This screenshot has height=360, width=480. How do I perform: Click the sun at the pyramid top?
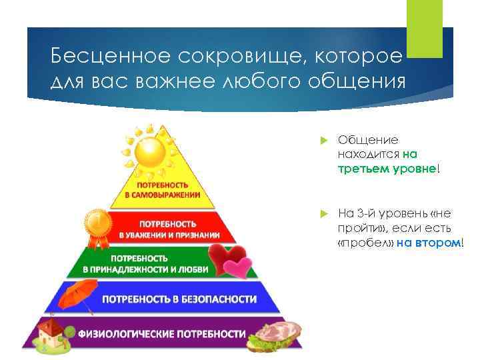coord(155,153)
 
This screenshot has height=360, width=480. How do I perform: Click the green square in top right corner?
coord(425,29)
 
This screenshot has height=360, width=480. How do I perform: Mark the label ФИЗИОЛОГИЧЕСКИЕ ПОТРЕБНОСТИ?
coord(162,333)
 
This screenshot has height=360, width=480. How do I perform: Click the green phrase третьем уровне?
coord(386,169)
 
